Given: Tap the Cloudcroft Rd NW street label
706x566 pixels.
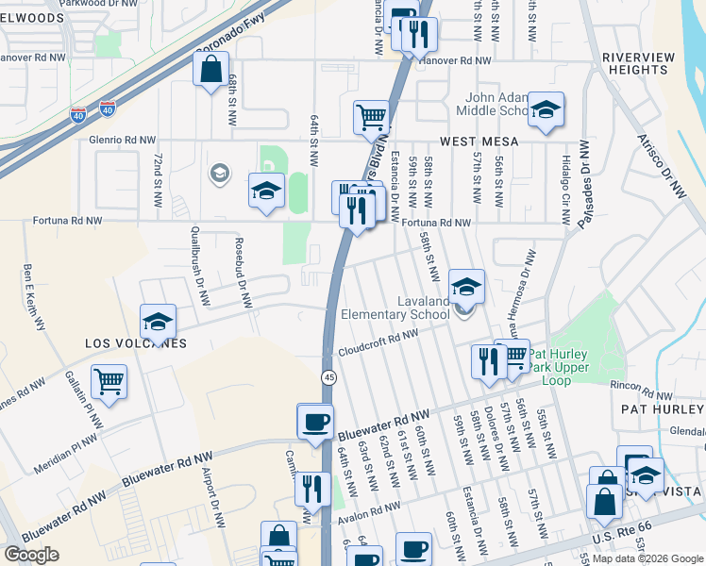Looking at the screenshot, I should tap(378, 341).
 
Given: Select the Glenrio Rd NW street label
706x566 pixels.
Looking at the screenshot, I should tap(121, 140).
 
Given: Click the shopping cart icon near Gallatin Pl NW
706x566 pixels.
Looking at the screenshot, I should tap(109, 381).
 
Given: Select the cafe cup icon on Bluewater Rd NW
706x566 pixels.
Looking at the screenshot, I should tap(315, 420).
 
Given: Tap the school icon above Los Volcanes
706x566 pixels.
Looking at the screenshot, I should tap(158, 322).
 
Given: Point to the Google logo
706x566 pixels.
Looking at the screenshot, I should tap(32, 554).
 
